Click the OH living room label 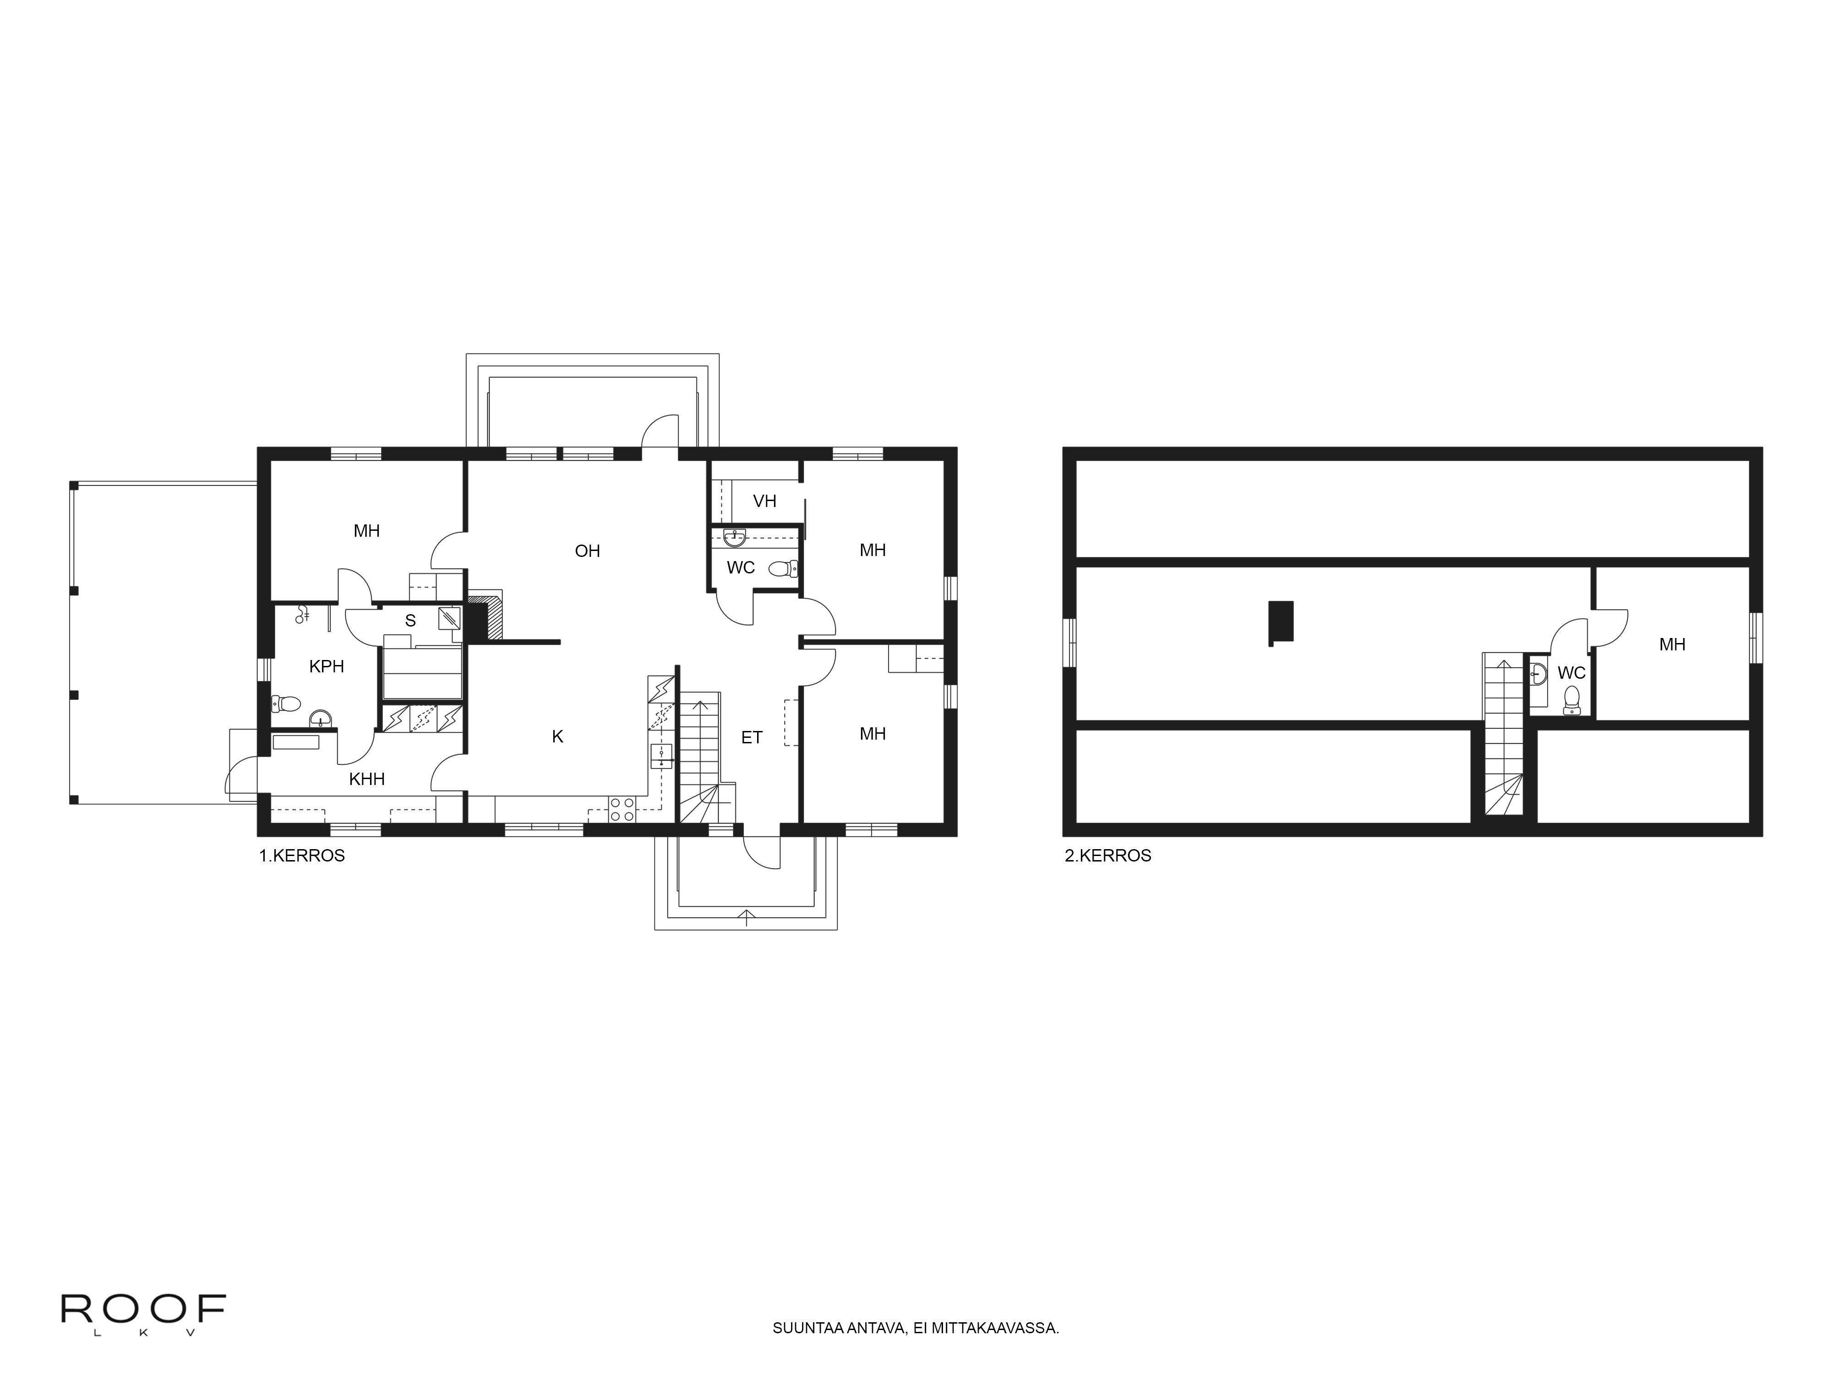point(587,551)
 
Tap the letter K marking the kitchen point(557,736)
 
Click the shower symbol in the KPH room point(302,614)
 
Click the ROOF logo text point(143,1309)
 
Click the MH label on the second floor point(1672,644)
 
